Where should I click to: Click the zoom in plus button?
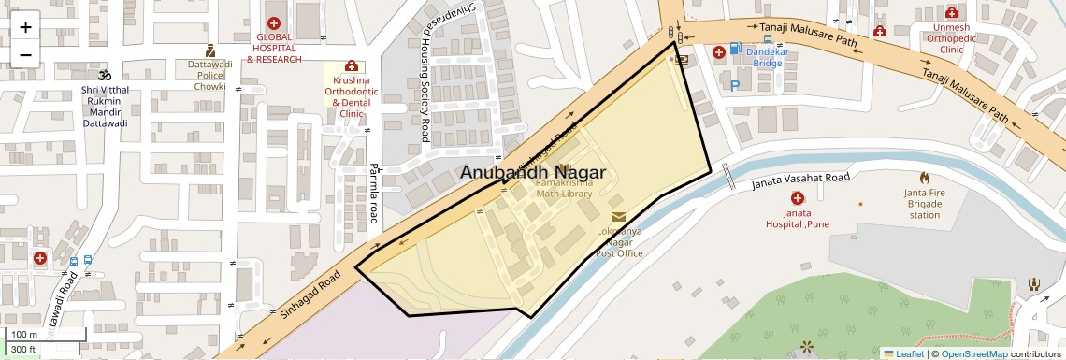tap(25, 27)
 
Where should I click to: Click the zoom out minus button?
tap(25, 54)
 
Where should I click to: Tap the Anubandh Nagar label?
tap(532, 173)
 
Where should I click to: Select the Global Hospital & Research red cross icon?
tap(273, 23)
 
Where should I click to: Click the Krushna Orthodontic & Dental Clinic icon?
tap(352, 66)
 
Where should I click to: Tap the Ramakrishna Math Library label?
tap(564, 188)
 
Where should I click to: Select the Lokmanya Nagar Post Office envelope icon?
tap(619, 217)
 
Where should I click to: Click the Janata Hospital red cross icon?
tap(797, 198)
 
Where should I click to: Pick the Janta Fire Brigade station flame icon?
tap(924, 178)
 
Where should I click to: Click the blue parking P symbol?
tap(734, 85)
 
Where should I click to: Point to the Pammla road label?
tap(373, 192)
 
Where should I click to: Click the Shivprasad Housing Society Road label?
tap(424, 84)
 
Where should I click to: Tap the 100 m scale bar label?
tap(25, 334)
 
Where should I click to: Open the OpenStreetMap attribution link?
tap(973, 353)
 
